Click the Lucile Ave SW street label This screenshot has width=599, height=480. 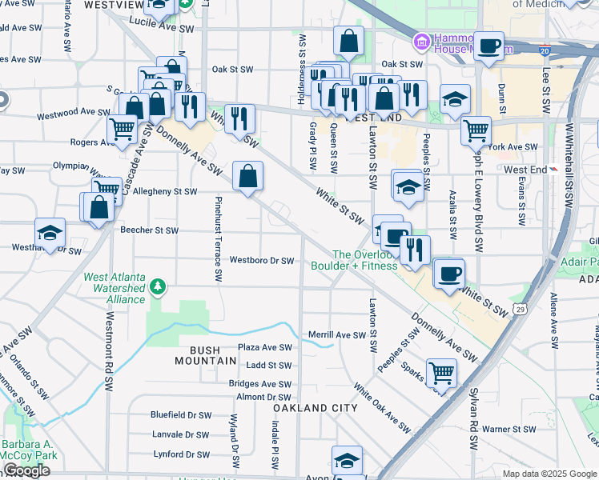tap(163, 28)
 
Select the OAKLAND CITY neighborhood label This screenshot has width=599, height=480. tap(315, 408)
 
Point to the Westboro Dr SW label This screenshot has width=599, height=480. tap(262, 261)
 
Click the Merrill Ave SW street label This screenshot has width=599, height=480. tap(336, 335)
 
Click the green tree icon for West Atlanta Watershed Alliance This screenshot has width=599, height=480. tap(159, 286)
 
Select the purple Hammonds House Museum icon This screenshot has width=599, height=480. tap(421, 41)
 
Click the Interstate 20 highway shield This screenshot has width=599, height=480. tap(545, 50)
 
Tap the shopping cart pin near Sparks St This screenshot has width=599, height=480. tap(441, 372)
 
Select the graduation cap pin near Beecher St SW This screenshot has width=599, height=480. tap(50, 233)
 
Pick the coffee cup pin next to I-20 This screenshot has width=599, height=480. tap(488, 46)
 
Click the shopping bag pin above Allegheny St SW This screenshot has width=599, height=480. tap(248, 175)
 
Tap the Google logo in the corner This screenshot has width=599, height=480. tap(26, 470)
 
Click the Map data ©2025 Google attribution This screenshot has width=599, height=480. tap(549, 474)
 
